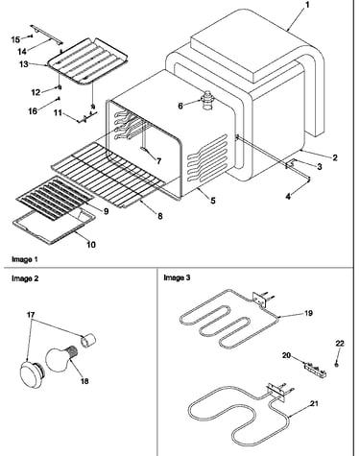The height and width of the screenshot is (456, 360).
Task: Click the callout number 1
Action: click(x=307, y=5)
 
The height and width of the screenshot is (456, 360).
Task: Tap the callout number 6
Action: click(x=180, y=106)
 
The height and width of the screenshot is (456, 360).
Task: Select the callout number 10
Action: click(x=91, y=245)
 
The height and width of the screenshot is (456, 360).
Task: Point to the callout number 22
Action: click(x=340, y=344)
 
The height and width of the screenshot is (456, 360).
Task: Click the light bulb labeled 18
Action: click(x=60, y=359)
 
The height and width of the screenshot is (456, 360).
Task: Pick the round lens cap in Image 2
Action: click(x=32, y=372)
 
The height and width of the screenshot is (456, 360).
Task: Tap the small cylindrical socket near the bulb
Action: click(x=88, y=340)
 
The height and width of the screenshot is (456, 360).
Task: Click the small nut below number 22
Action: click(x=337, y=364)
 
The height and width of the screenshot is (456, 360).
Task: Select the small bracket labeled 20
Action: click(x=314, y=370)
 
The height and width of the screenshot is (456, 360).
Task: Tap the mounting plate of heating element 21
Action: click(x=276, y=393)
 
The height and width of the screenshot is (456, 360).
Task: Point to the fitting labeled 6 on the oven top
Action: click(x=208, y=100)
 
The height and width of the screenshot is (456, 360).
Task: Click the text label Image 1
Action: click(x=25, y=259)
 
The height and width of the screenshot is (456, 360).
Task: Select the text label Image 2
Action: click(x=25, y=278)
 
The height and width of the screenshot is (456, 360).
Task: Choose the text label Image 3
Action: click(x=177, y=277)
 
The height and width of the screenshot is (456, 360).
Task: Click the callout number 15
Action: click(x=15, y=39)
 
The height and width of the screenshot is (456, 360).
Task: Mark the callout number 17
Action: click(x=31, y=315)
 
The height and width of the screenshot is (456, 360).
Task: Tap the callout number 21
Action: click(x=314, y=404)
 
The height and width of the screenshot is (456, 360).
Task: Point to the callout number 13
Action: click(x=24, y=64)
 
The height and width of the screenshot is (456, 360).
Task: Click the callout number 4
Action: click(x=288, y=197)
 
